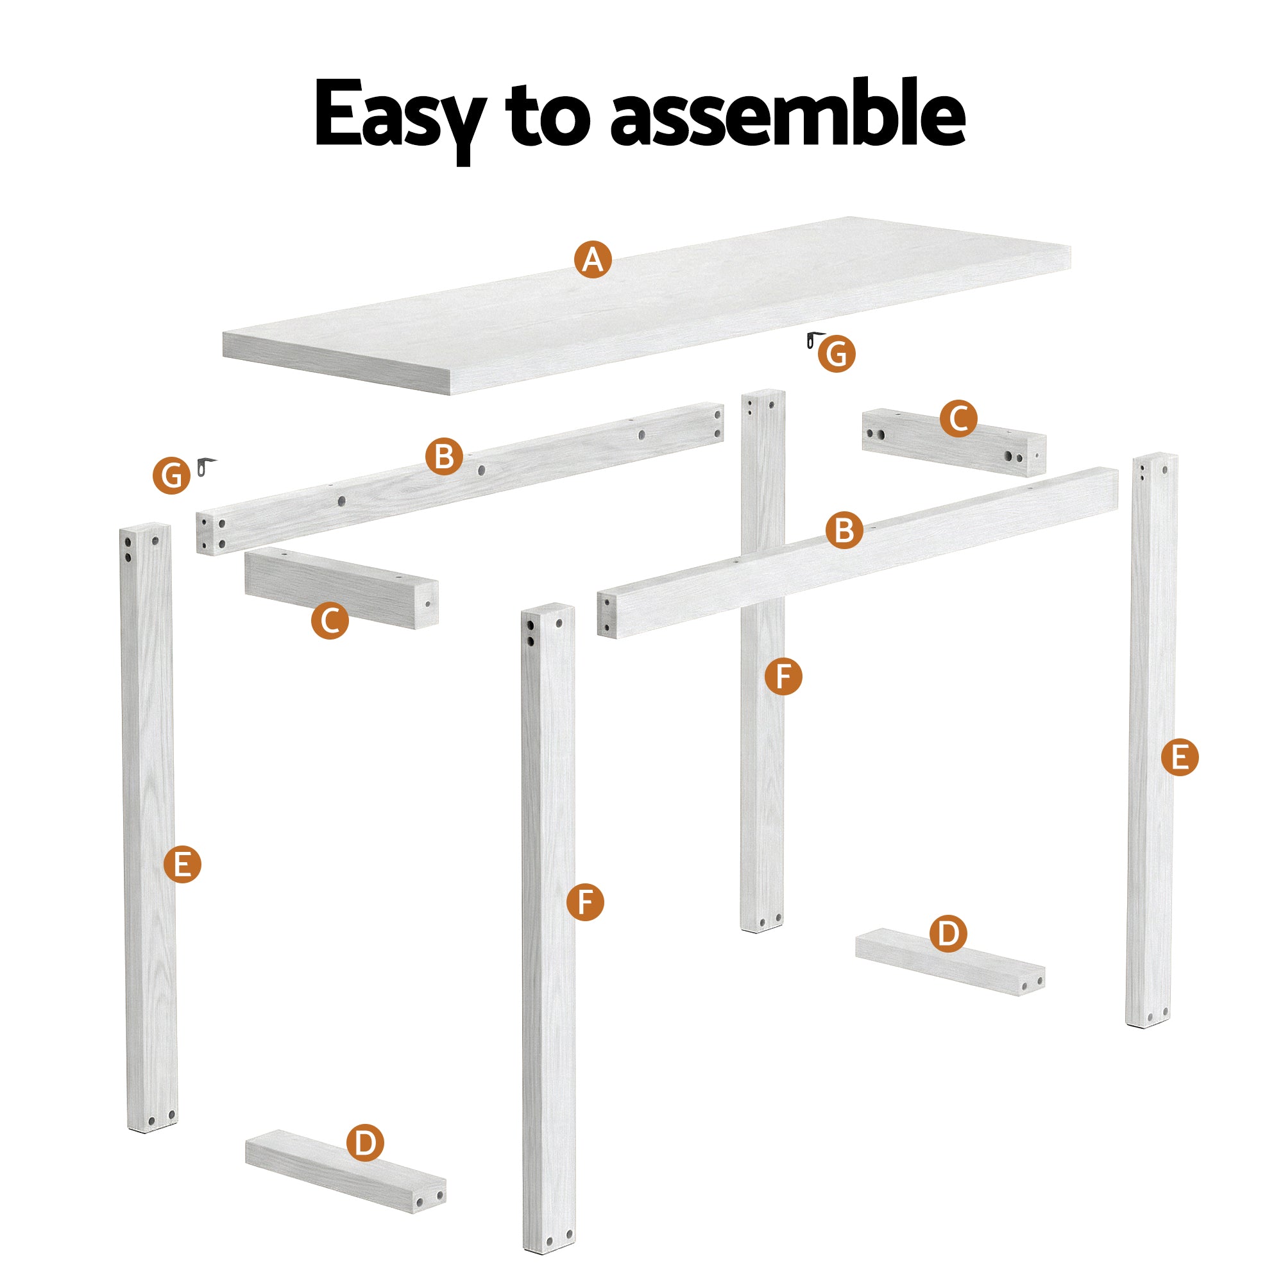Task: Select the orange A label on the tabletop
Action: click(x=592, y=259)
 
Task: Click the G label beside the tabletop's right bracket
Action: click(x=836, y=354)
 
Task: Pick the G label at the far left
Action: click(x=171, y=475)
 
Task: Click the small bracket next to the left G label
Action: click(x=206, y=466)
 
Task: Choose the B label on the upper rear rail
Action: click(x=444, y=456)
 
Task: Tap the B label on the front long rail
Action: click(x=844, y=531)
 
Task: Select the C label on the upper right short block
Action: click(x=958, y=418)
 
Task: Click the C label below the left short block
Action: click(x=329, y=620)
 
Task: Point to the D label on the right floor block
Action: click(x=947, y=933)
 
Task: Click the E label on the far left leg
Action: click(x=182, y=864)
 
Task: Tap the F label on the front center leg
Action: click(x=584, y=902)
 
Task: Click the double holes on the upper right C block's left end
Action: click(x=875, y=434)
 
